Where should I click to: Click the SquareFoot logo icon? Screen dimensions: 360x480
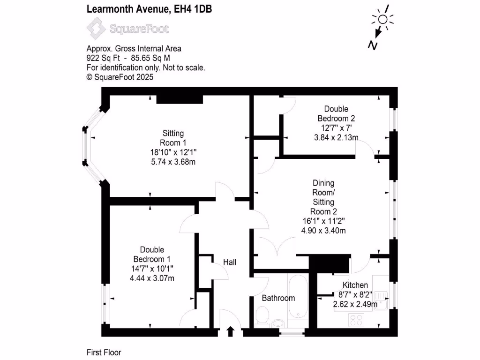tap(97, 29)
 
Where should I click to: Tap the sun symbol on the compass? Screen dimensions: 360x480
tap(383, 19)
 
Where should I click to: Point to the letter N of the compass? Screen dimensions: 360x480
tap(373, 45)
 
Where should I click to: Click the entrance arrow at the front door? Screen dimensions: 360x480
tap(230, 331)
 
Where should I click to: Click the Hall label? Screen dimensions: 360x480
tap(229, 262)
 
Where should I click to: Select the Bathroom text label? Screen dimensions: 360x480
tap(278, 298)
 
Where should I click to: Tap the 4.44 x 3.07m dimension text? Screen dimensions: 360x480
tap(152, 278)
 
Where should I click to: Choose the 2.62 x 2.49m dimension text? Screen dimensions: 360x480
tap(355, 304)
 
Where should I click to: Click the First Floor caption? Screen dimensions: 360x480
tap(104, 352)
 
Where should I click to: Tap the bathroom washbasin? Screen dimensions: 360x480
tap(278, 323)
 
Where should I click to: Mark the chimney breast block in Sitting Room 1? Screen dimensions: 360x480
tap(180, 99)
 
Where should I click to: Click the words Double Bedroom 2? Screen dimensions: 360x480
tap(336, 113)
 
